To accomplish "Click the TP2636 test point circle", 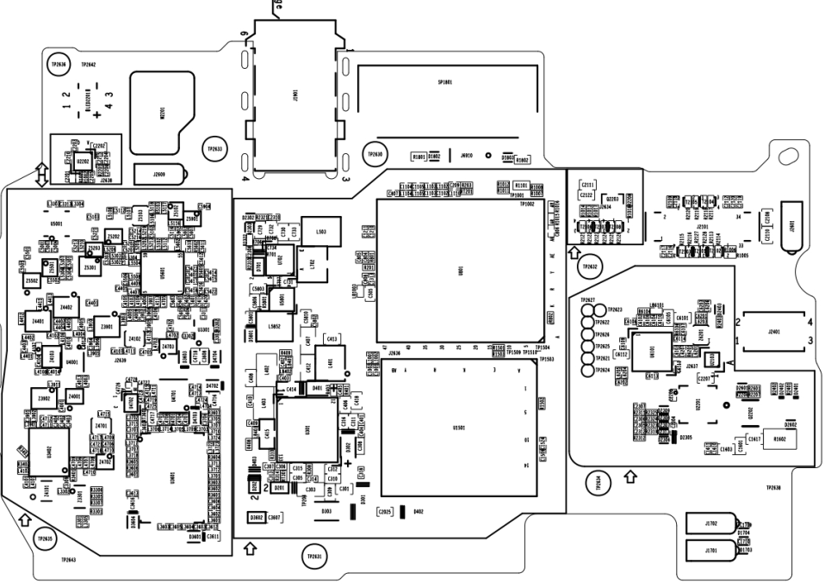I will tap(59, 64).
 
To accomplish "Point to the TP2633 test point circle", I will tap(214, 149).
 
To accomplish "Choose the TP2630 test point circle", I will tap(375, 153).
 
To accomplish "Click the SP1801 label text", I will tap(445, 83).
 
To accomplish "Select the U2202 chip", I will tap(83, 161).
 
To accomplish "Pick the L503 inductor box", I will tap(321, 231).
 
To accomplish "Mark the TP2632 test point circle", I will tap(590, 267).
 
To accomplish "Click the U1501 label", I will tap(458, 427).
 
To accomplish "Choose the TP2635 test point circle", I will tap(44, 539).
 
